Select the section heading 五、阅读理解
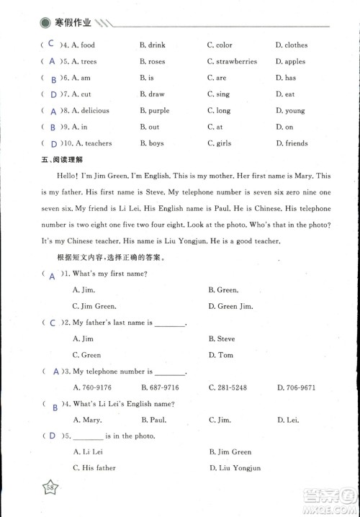point(62,160)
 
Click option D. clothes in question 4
point(292,45)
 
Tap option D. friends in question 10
point(292,143)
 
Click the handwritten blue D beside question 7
point(53,95)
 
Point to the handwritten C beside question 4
point(51,44)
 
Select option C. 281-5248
point(228,388)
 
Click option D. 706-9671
point(296,388)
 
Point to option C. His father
point(94,468)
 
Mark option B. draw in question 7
point(152,94)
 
